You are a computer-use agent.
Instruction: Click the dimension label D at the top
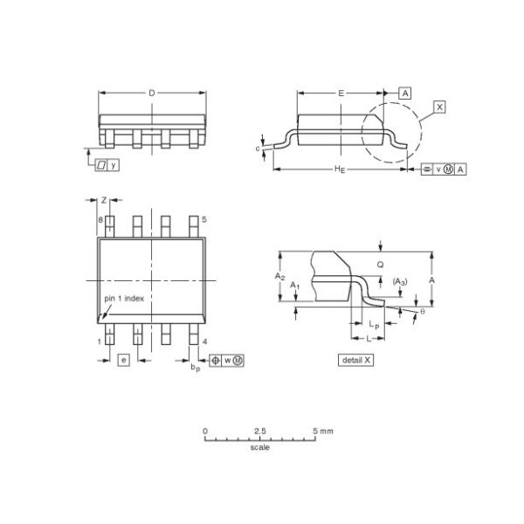[x=152, y=92]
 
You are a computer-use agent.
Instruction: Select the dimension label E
[x=341, y=92]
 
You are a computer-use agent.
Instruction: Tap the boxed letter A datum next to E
[x=406, y=92]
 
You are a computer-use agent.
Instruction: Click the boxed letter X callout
[x=439, y=107]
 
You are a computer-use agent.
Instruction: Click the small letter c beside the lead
[x=259, y=148]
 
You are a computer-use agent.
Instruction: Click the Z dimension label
[x=104, y=200]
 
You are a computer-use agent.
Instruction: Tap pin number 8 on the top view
[x=100, y=220]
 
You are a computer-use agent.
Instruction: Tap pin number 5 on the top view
[x=203, y=220]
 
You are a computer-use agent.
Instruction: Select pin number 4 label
[x=203, y=341]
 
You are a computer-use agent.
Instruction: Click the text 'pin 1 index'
[x=124, y=298]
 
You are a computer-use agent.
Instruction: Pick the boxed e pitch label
[x=123, y=360]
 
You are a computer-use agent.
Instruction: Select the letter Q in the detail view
[x=379, y=263]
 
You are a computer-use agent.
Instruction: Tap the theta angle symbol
[x=422, y=311]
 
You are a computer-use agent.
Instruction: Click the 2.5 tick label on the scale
[x=260, y=431]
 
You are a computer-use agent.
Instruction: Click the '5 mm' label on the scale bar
[x=322, y=431]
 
